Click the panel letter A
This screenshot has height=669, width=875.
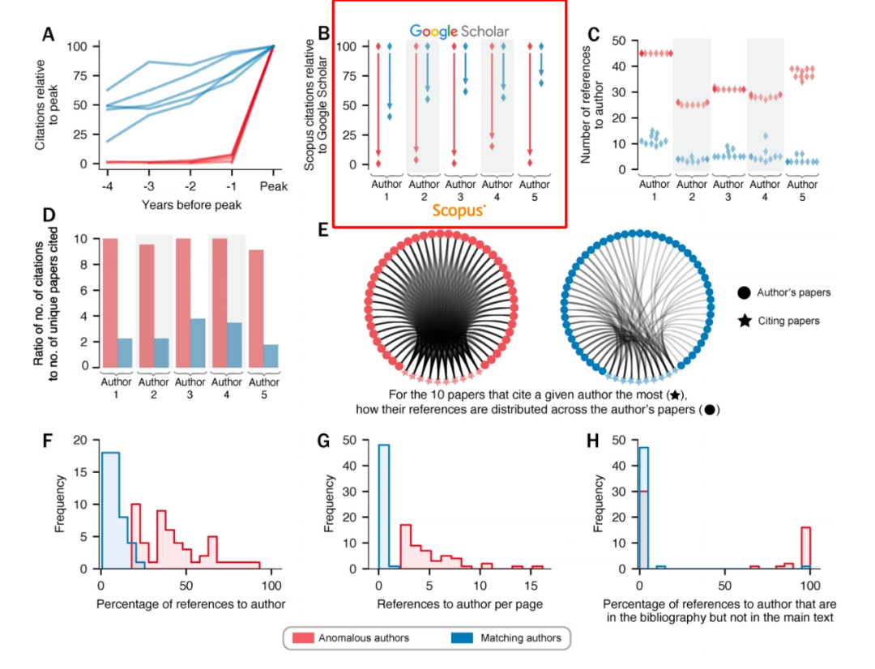click(x=48, y=34)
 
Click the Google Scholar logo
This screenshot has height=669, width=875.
click(x=459, y=31)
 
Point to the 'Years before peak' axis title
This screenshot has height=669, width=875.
click(x=191, y=205)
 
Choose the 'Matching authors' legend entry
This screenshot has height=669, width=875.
click(x=506, y=637)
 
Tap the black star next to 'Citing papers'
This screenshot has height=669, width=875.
click(x=744, y=321)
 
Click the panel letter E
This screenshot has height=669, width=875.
click(x=323, y=230)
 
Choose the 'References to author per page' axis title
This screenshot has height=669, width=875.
click(x=457, y=605)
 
